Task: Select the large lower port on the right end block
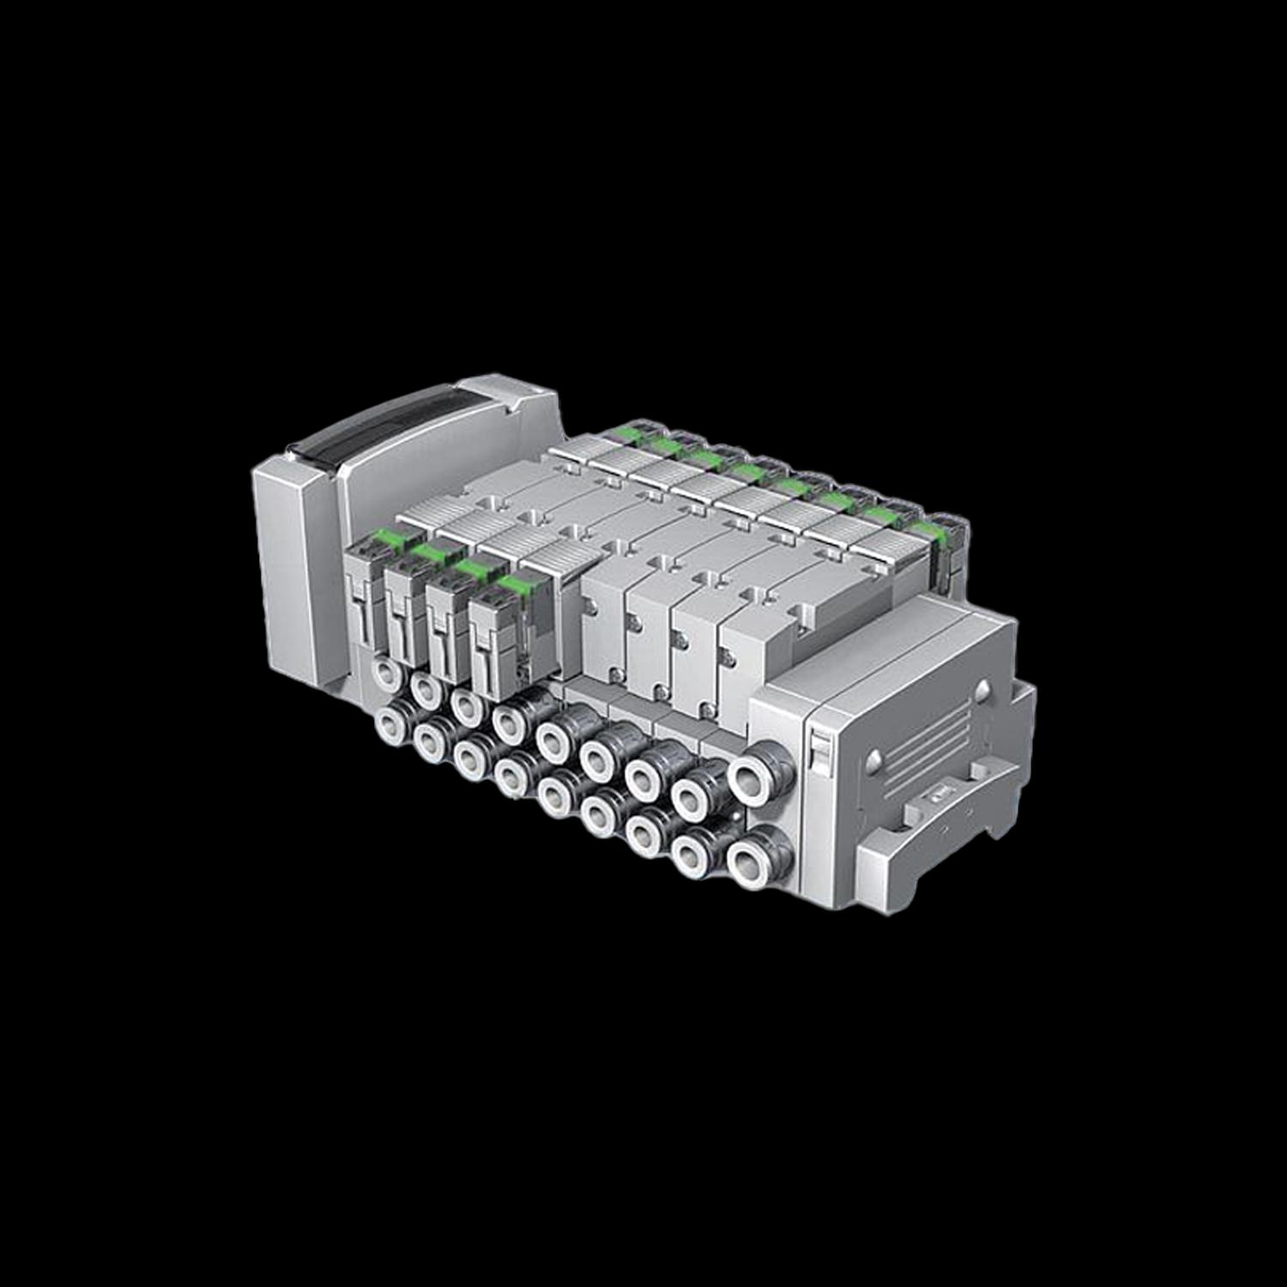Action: tap(749, 855)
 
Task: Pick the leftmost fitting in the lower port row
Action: tap(393, 719)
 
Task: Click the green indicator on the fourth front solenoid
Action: tap(512, 583)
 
